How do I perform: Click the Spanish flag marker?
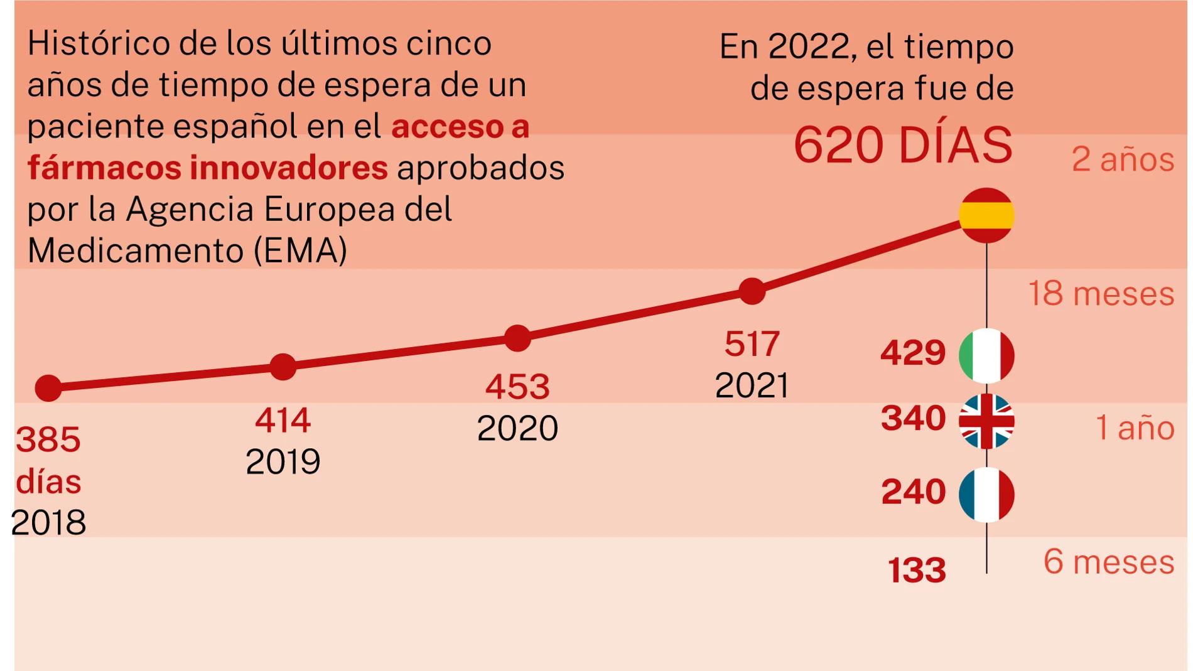click(986, 215)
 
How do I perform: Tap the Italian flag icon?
click(986, 355)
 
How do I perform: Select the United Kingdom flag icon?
click(986, 421)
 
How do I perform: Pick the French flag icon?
click(986, 495)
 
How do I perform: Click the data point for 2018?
click(48, 388)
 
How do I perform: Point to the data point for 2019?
click(283, 367)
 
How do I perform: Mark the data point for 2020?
click(517, 338)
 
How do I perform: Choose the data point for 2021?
click(752, 291)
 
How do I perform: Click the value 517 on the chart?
click(752, 344)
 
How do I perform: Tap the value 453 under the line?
click(517, 387)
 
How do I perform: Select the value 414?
click(283, 421)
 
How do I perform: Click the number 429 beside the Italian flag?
click(913, 353)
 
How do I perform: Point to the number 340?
click(913, 419)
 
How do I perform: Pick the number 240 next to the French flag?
click(913, 492)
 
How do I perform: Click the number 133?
click(917, 571)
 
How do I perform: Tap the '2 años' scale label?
click(1123, 159)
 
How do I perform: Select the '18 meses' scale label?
click(1101, 294)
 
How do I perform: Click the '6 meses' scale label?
click(1109, 562)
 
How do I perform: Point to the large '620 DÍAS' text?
click(903, 146)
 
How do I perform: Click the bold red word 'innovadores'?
click(289, 168)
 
